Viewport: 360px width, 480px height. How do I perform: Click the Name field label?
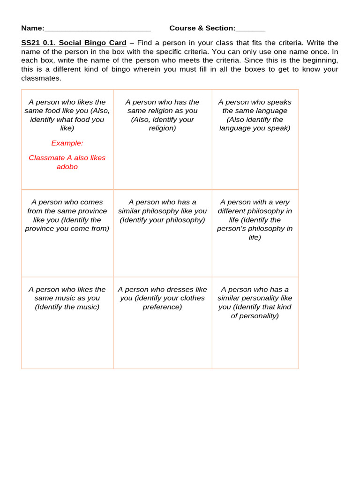[32, 28]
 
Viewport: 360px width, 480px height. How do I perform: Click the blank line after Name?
[97, 29]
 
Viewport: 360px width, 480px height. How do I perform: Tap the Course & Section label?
[202, 28]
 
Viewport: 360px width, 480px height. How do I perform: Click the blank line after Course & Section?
[250, 29]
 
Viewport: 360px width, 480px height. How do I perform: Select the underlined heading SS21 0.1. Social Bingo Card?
[74, 43]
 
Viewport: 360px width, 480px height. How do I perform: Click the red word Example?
[67, 143]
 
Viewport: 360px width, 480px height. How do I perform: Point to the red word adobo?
[67, 167]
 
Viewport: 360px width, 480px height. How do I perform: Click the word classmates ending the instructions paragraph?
[41, 78]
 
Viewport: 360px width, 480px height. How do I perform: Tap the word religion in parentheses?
[162, 128]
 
